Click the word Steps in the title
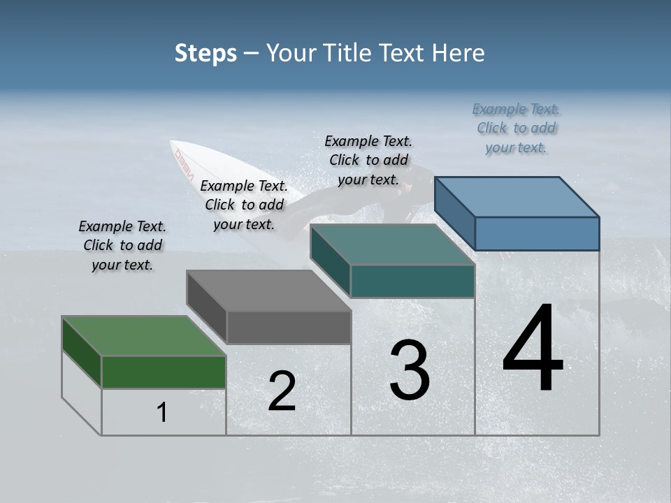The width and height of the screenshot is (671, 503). [x=205, y=53]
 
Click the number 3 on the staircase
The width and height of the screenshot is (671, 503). [x=410, y=370]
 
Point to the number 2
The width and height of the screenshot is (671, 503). [x=282, y=391]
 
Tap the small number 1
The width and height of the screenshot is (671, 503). [x=162, y=412]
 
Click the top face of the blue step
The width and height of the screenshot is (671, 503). [x=517, y=197]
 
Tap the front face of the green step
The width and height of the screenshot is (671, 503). [x=164, y=372]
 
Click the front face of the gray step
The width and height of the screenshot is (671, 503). [x=289, y=327]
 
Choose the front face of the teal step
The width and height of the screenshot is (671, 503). [x=412, y=281]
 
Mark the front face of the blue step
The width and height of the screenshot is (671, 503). [x=537, y=233]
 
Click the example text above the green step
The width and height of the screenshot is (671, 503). [x=122, y=245]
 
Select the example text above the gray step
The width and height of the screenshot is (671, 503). [x=244, y=205]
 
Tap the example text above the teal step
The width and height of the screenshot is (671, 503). [x=368, y=160]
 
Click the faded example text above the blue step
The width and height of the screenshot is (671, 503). [x=516, y=128]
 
